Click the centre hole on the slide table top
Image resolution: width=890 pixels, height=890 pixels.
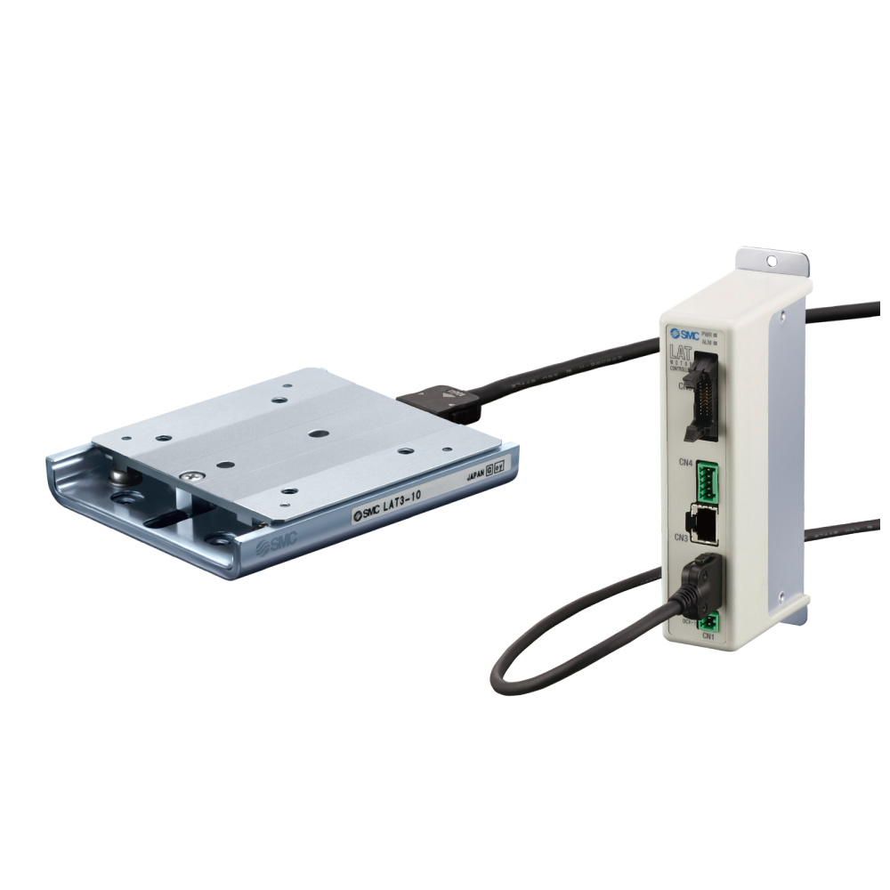317,433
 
